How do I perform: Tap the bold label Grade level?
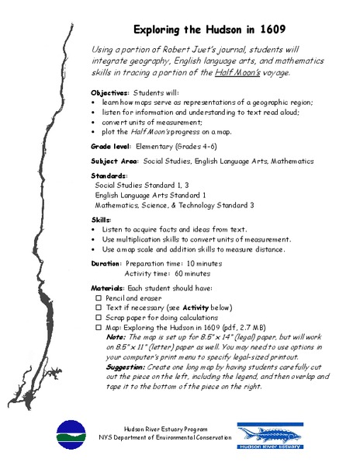(110, 146)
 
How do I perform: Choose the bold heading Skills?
(100, 221)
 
